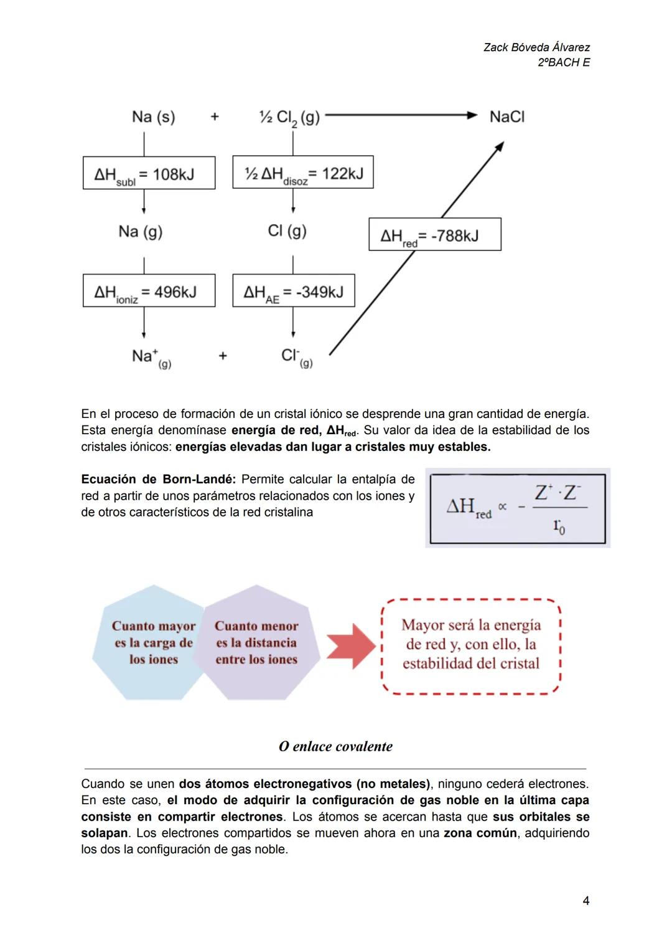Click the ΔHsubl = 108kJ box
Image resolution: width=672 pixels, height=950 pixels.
(149, 173)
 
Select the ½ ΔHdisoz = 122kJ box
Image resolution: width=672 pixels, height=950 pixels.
(303, 173)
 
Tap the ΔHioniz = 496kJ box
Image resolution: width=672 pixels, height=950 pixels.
(149, 291)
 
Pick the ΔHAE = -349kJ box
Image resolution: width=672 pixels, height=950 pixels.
(294, 291)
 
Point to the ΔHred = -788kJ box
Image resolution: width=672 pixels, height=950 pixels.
(434, 235)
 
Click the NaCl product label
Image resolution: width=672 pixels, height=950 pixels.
(506, 116)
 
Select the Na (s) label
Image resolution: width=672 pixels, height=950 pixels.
(153, 116)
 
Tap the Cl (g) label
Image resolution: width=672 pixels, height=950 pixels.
(287, 231)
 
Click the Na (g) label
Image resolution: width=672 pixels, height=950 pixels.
(140, 232)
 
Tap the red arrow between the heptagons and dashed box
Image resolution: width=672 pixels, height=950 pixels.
(351, 646)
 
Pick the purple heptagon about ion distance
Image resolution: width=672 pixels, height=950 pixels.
(256, 642)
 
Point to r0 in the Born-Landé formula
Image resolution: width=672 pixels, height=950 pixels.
(559, 527)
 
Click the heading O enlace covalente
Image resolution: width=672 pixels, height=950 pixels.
(335, 746)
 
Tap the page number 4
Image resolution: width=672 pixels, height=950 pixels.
(586, 901)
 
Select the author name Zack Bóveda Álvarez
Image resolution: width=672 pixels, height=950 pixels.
(536, 47)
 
